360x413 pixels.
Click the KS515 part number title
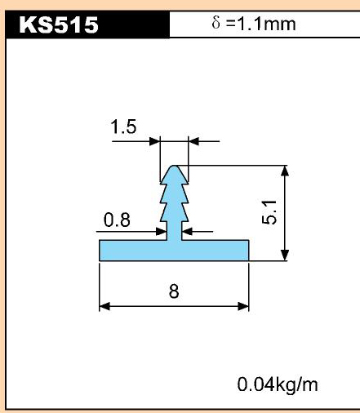coord(59,24)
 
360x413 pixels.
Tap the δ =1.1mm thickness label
coord(254,24)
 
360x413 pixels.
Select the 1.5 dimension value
coord(123,127)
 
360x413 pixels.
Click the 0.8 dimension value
coord(117,220)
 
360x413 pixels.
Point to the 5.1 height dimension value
coord(269,212)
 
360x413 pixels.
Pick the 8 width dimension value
coord(174,291)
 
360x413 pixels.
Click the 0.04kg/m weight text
coord(278,384)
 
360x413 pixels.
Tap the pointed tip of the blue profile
coord(174,166)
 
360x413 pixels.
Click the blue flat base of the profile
coord(174,251)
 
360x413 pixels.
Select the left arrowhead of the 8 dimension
coord(104,306)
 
